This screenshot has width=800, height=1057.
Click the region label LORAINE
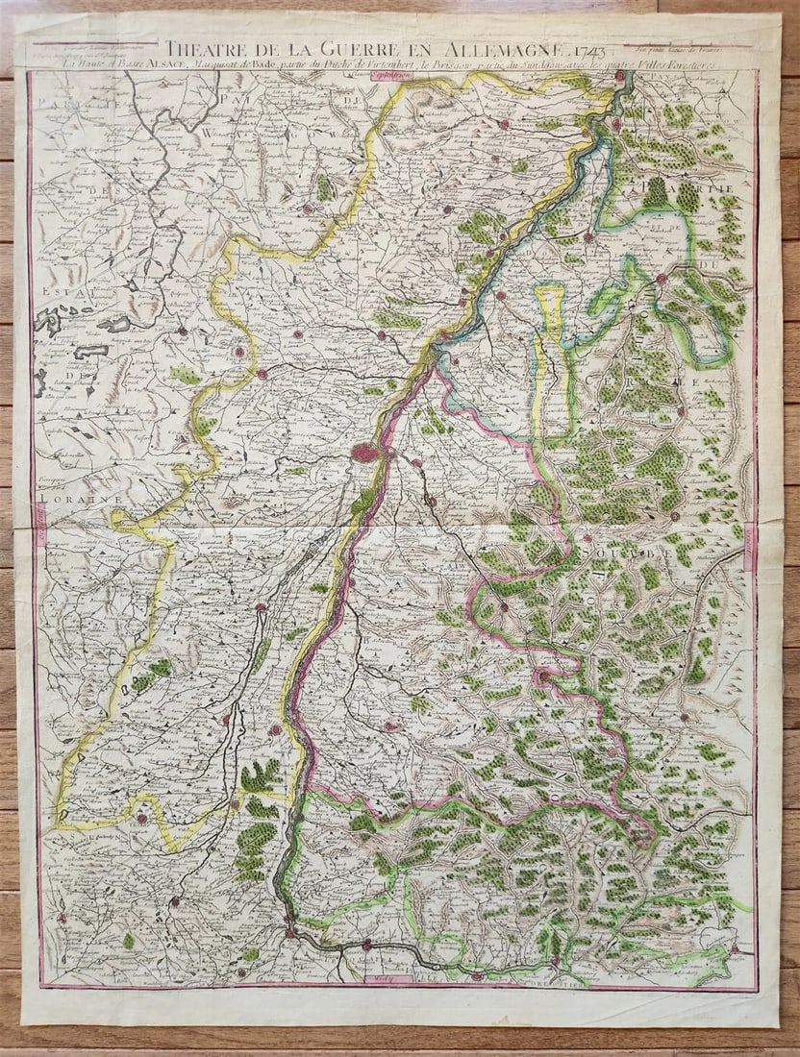click(x=63, y=501)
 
